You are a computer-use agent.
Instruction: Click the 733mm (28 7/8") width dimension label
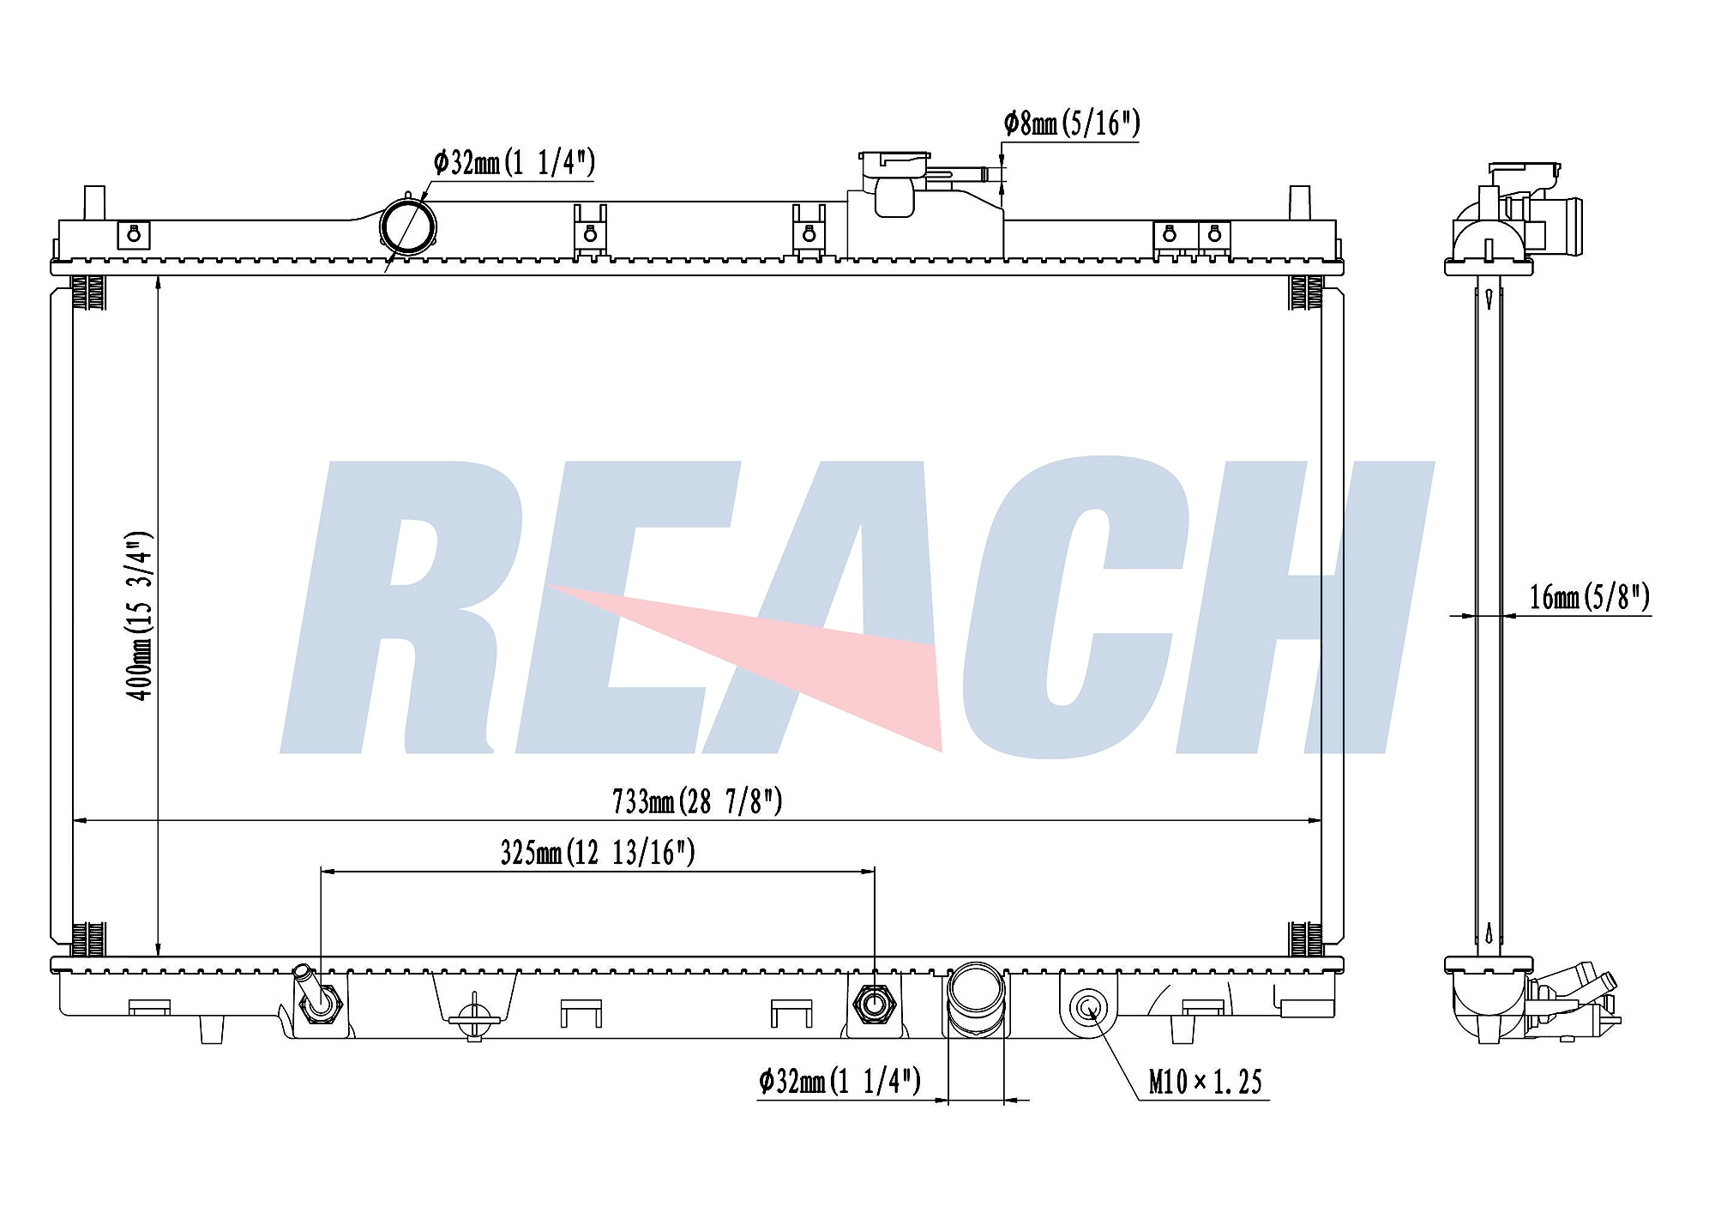point(697,801)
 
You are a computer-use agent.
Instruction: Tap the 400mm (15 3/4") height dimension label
point(140,615)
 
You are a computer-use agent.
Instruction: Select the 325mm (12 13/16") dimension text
point(598,852)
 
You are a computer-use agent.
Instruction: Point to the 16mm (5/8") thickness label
point(1589,596)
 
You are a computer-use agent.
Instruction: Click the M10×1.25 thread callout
point(1205,1082)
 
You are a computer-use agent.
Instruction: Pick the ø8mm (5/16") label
point(1072,124)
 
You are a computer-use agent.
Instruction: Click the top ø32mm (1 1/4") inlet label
point(514,161)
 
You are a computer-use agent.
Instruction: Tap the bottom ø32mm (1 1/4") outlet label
point(839,1081)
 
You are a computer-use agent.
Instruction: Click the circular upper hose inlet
point(407,226)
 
